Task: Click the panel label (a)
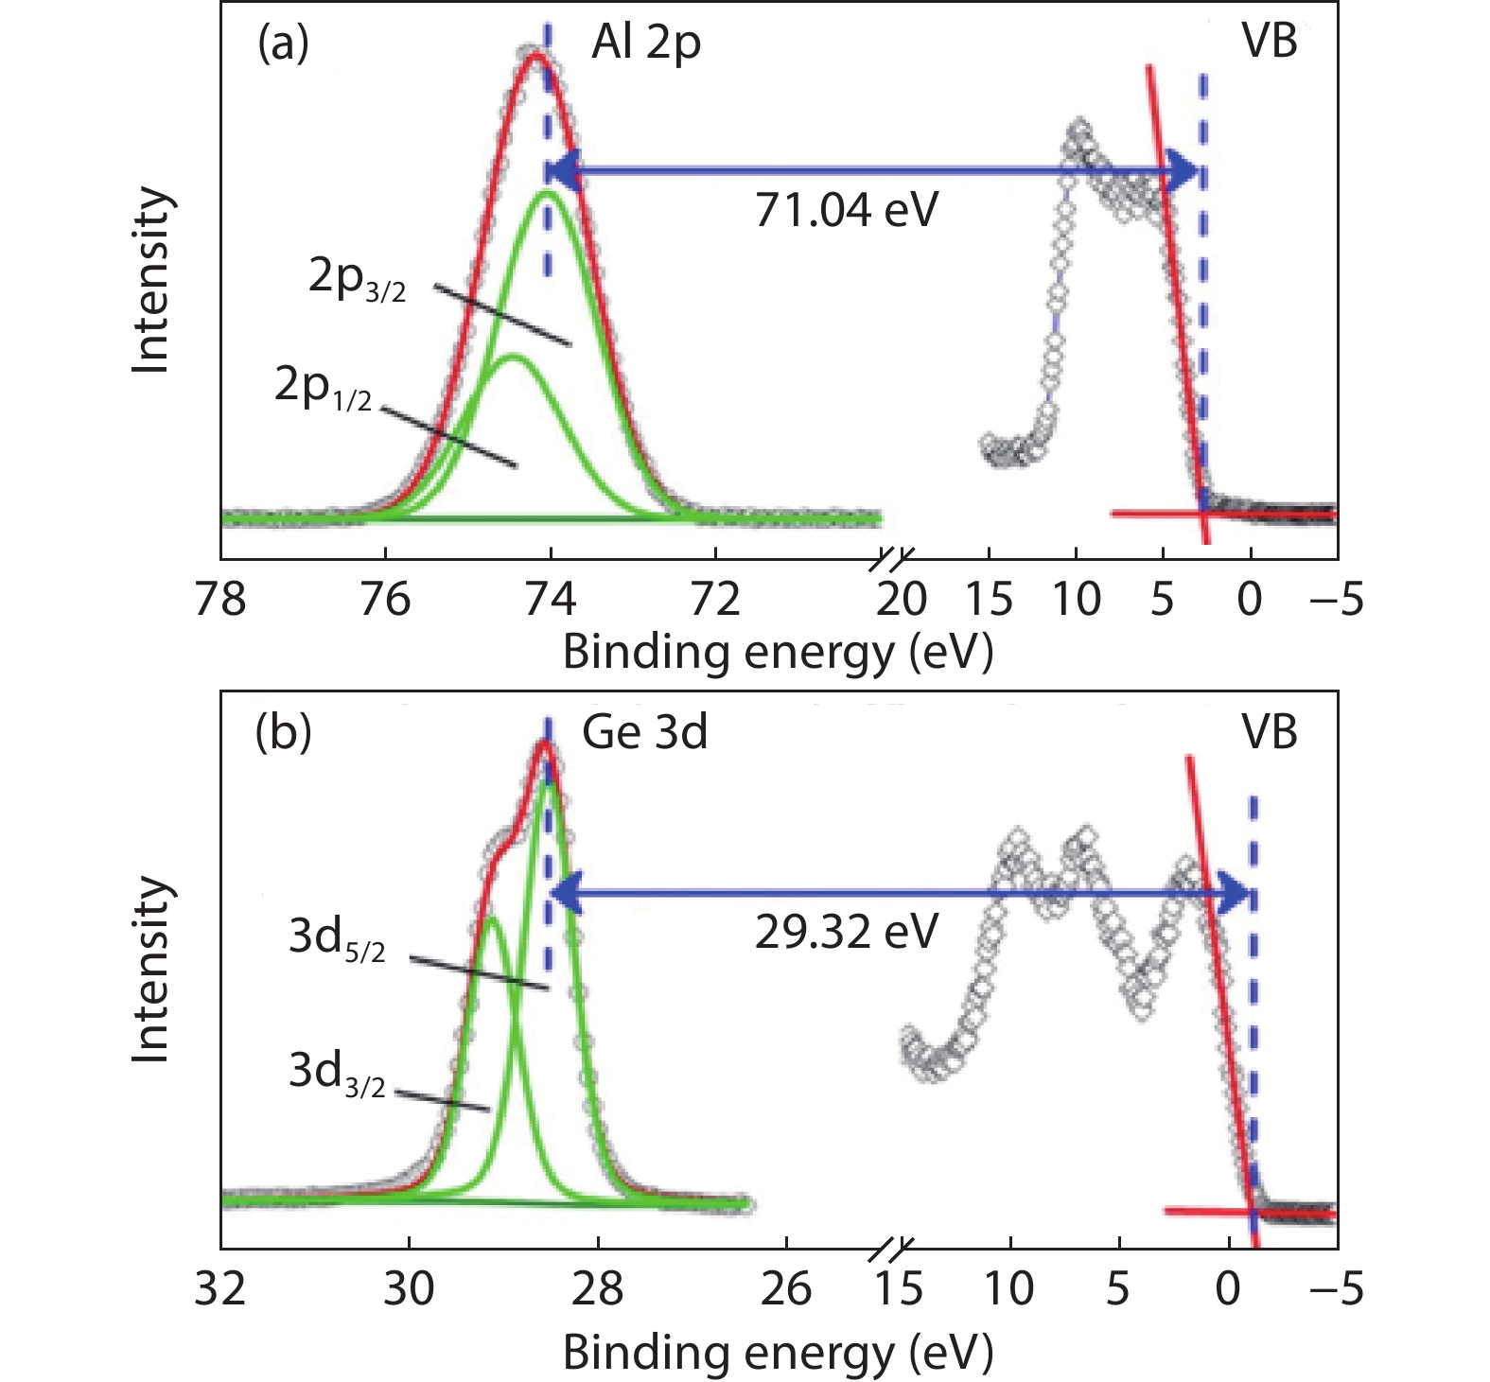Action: click(x=283, y=44)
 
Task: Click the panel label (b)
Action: click(x=283, y=733)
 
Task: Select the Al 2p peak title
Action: click(x=646, y=44)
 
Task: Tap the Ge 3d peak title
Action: click(x=644, y=733)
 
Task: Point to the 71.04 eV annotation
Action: click(x=846, y=209)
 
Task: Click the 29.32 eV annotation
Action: click(x=846, y=932)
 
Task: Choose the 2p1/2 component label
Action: click(x=323, y=388)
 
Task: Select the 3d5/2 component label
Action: click(x=337, y=938)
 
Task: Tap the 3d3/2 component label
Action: click(x=337, y=1074)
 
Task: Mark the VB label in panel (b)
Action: click(x=1269, y=733)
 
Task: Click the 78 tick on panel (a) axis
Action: click(x=220, y=600)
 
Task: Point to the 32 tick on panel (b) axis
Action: click(x=220, y=1289)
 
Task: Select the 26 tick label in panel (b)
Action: click(x=785, y=1289)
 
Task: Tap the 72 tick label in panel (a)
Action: click(x=715, y=600)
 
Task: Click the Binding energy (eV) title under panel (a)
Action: click(x=778, y=653)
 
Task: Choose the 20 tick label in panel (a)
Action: click(x=901, y=600)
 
